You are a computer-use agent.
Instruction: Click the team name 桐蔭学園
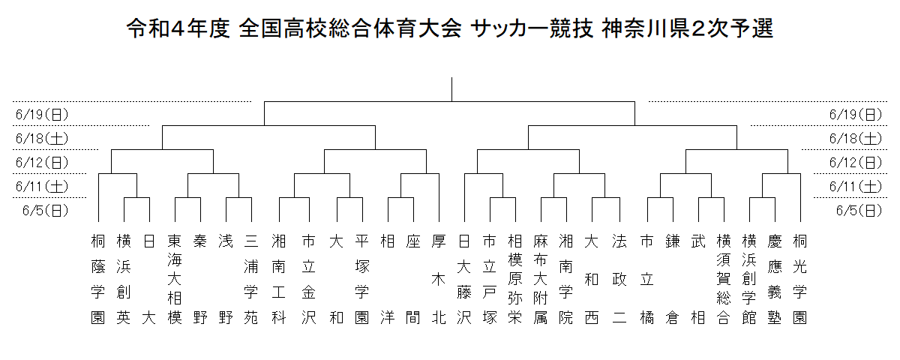point(98,280)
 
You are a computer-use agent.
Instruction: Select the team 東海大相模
point(175,280)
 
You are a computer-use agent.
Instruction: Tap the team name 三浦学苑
point(251,280)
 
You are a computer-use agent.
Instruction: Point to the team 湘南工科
point(278,280)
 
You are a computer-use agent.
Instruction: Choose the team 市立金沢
point(308,280)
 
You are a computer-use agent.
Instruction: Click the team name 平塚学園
point(362,280)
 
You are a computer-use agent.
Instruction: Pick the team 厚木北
point(439,280)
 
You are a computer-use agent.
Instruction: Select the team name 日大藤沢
point(464,280)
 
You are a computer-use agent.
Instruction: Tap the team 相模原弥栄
point(515,280)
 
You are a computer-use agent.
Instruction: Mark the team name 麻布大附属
point(541,280)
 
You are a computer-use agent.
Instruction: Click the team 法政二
point(619,280)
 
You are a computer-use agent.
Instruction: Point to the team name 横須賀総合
point(724,280)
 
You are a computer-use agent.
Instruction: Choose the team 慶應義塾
point(775,280)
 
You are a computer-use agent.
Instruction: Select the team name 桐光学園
point(800,280)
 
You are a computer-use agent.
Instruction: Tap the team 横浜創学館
point(749,280)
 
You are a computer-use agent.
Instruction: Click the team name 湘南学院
point(566,280)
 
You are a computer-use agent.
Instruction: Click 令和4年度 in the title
point(178,28)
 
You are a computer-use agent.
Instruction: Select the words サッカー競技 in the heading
point(532,28)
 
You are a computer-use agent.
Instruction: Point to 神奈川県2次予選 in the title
point(688,28)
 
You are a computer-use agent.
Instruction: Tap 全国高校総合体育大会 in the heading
point(350,28)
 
